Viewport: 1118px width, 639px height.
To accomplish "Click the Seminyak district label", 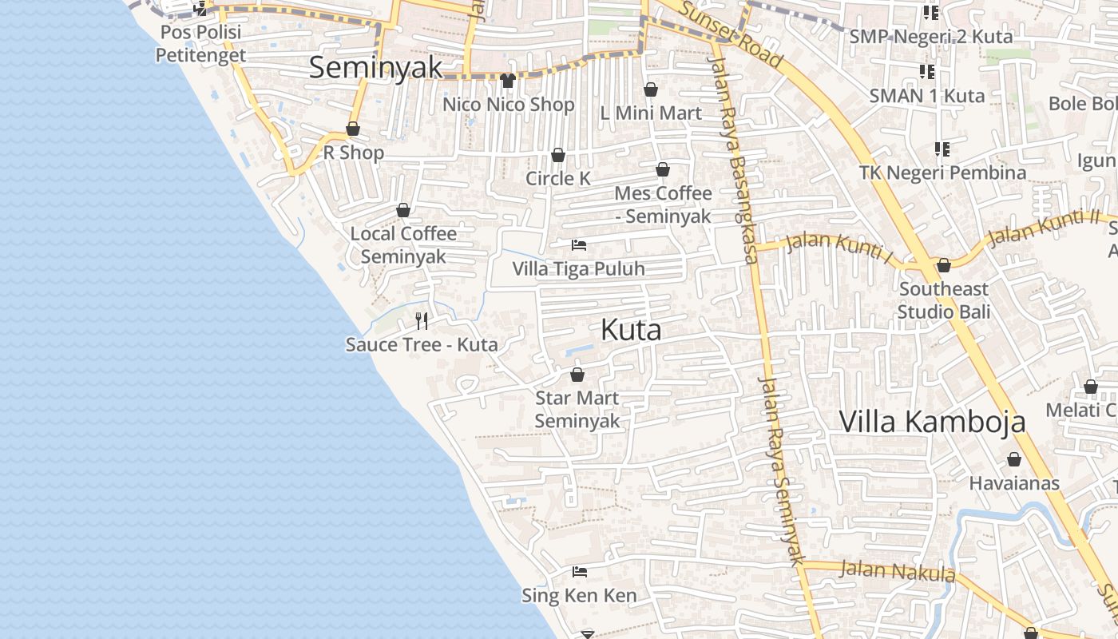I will click(375, 68).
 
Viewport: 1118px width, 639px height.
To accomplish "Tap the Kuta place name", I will click(631, 330).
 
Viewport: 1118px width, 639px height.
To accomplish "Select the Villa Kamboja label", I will click(932, 422).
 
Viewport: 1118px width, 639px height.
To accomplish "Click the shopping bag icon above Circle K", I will click(558, 154).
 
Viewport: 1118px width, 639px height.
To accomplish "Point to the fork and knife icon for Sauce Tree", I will click(422, 321).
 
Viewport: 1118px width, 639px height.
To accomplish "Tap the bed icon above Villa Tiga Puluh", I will click(579, 245).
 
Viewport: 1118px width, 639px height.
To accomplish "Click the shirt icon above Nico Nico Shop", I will click(508, 81).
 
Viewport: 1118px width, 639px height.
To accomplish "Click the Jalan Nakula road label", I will click(898, 571).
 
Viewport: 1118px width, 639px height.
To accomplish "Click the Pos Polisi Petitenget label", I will click(200, 44).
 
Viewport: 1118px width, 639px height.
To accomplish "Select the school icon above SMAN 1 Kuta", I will click(927, 73).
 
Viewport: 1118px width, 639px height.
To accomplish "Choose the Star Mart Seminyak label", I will click(577, 409).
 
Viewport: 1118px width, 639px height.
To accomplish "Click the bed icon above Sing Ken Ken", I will click(580, 572).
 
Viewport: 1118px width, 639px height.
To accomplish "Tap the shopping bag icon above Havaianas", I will click(1014, 459).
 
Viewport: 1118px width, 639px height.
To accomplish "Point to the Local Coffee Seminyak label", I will click(403, 244).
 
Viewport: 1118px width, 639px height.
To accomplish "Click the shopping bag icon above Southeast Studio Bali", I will click(944, 265).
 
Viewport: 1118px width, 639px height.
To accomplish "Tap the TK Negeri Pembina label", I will click(942, 173).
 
